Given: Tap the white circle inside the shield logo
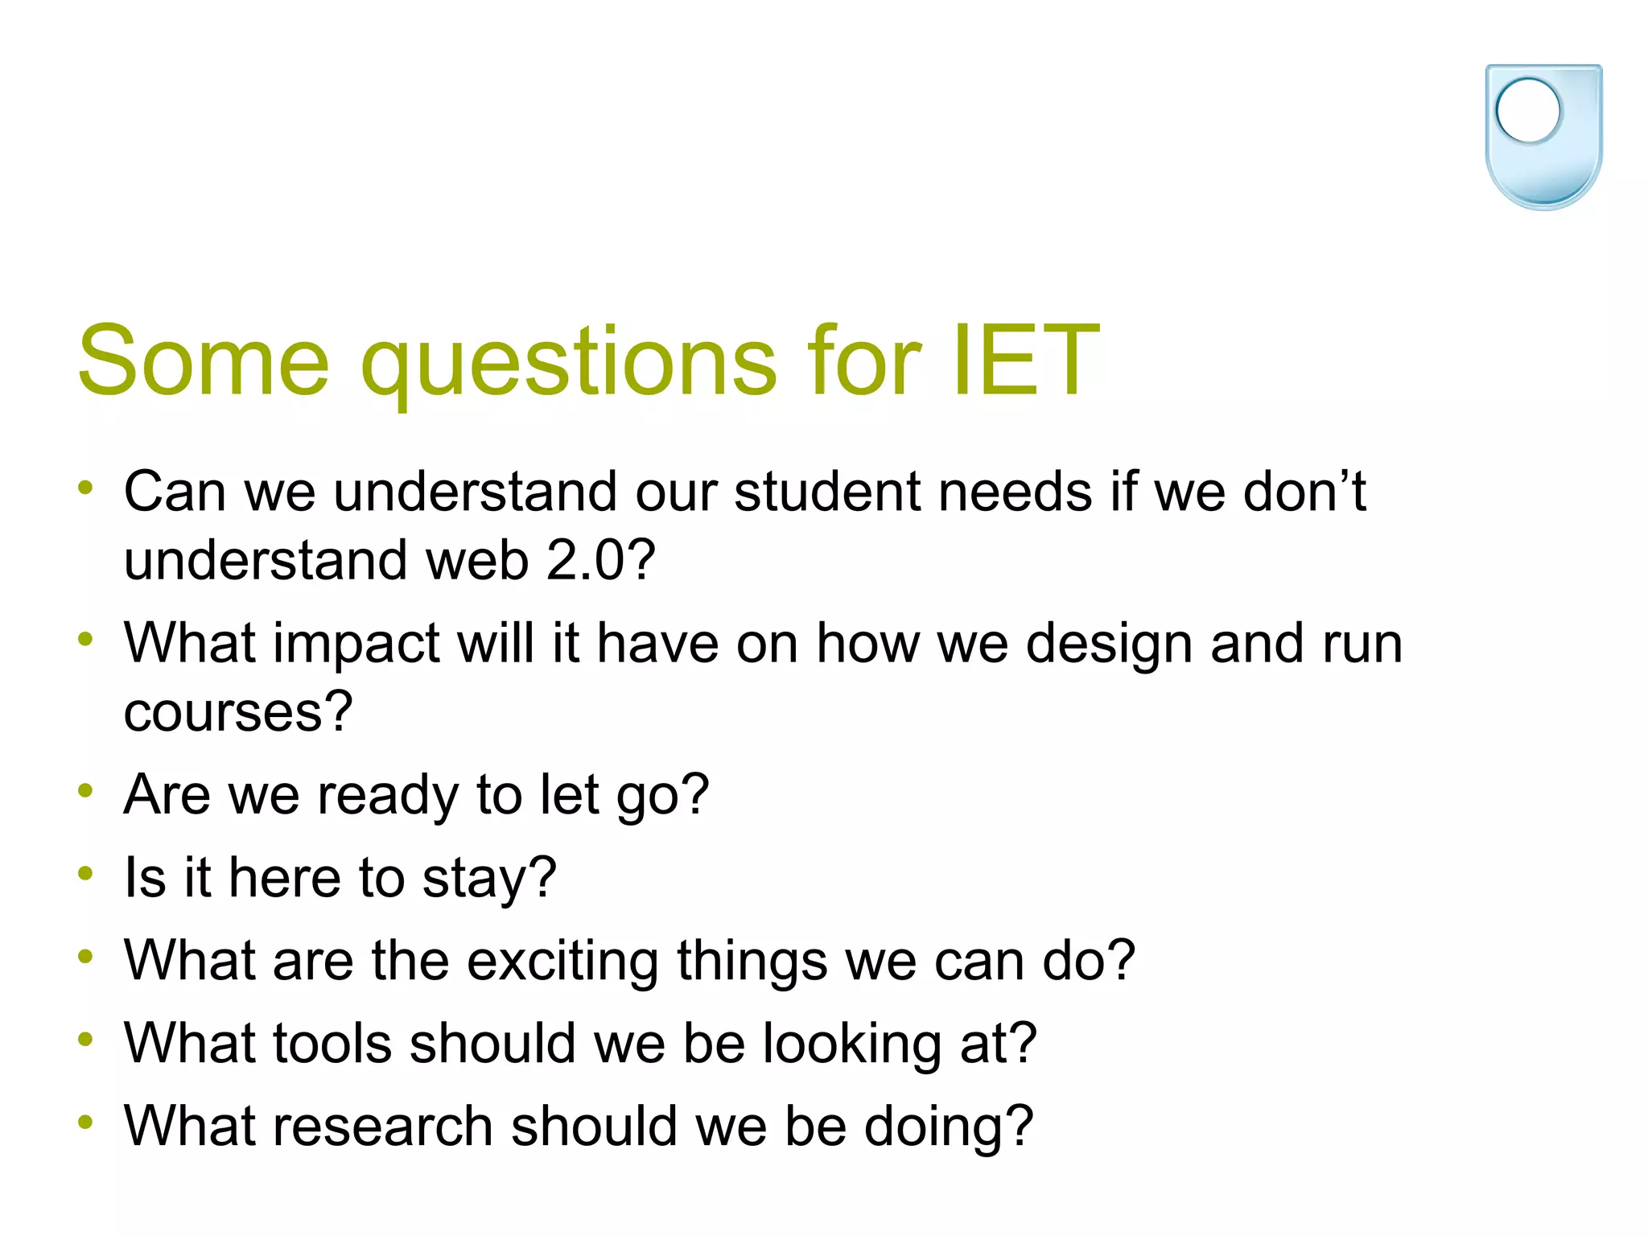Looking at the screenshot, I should point(1527,111).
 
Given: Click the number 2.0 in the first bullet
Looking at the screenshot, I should point(600,560).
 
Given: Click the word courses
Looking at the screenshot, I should point(238,711).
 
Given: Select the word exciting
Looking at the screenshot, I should point(562,962).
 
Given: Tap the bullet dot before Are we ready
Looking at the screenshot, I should point(85,790).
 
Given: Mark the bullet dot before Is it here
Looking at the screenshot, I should point(85,873).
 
